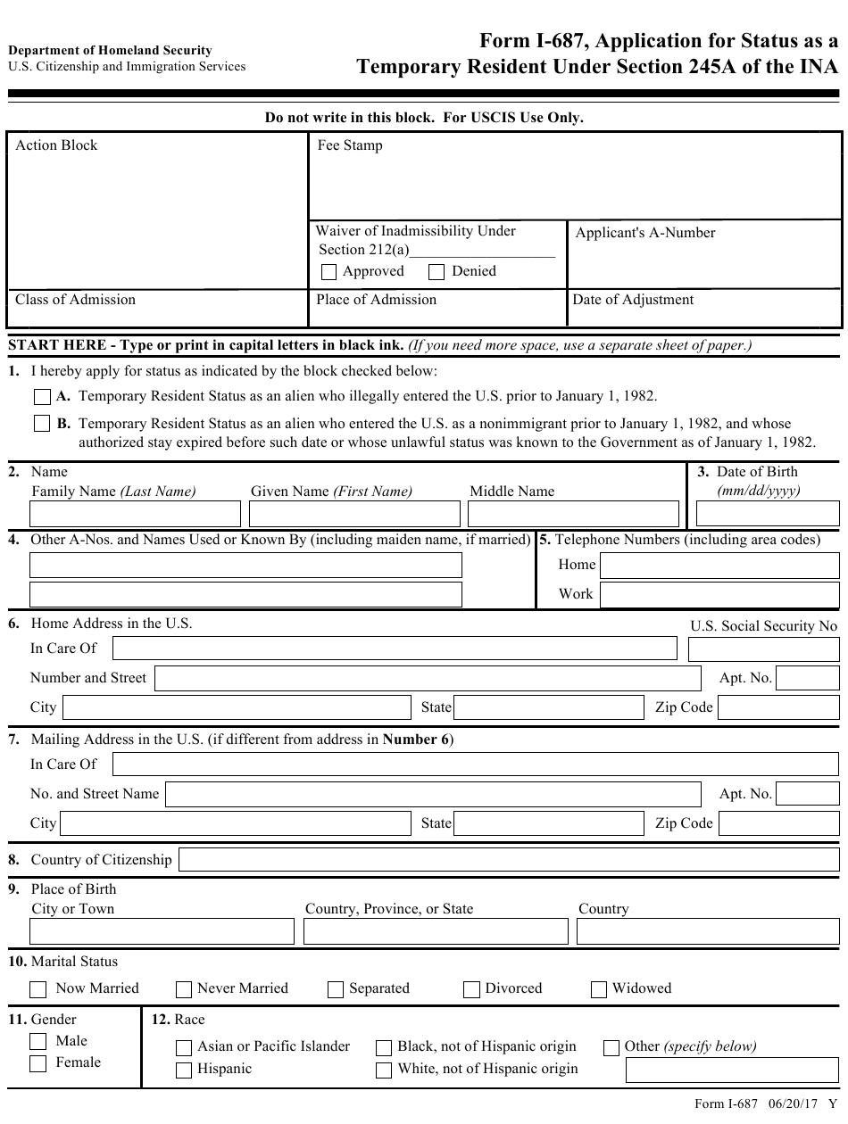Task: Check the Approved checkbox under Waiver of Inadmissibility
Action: pyautogui.click(x=328, y=272)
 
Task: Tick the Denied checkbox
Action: pyautogui.click(x=436, y=272)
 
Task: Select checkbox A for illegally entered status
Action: pyautogui.click(x=42, y=396)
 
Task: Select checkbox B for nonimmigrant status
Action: pyautogui.click(x=42, y=424)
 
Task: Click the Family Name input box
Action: pyautogui.click(x=135, y=514)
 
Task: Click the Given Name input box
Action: pyautogui.click(x=354, y=514)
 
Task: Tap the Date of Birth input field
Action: pyautogui.click(x=767, y=514)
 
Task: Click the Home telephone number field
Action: pyautogui.click(x=719, y=566)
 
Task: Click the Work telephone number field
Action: pyautogui.click(x=719, y=594)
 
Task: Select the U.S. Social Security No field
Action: pyautogui.click(x=764, y=649)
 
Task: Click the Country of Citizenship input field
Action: pyautogui.click(x=509, y=860)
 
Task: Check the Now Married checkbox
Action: pyautogui.click(x=38, y=989)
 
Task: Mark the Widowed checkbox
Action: pyautogui.click(x=598, y=989)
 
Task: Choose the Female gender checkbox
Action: pyautogui.click(x=38, y=1063)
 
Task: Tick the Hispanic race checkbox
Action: pyautogui.click(x=184, y=1070)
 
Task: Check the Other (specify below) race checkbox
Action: pyautogui.click(x=611, y=1048)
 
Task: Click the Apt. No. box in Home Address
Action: pyautogui.click(x=807, y=679)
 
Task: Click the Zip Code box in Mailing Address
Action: pyautogui.click(x=778, y=823)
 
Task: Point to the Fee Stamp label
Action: pyautogui.click(x=350, y=145)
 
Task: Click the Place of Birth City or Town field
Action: pyautogui.click(x=162, y=931)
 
